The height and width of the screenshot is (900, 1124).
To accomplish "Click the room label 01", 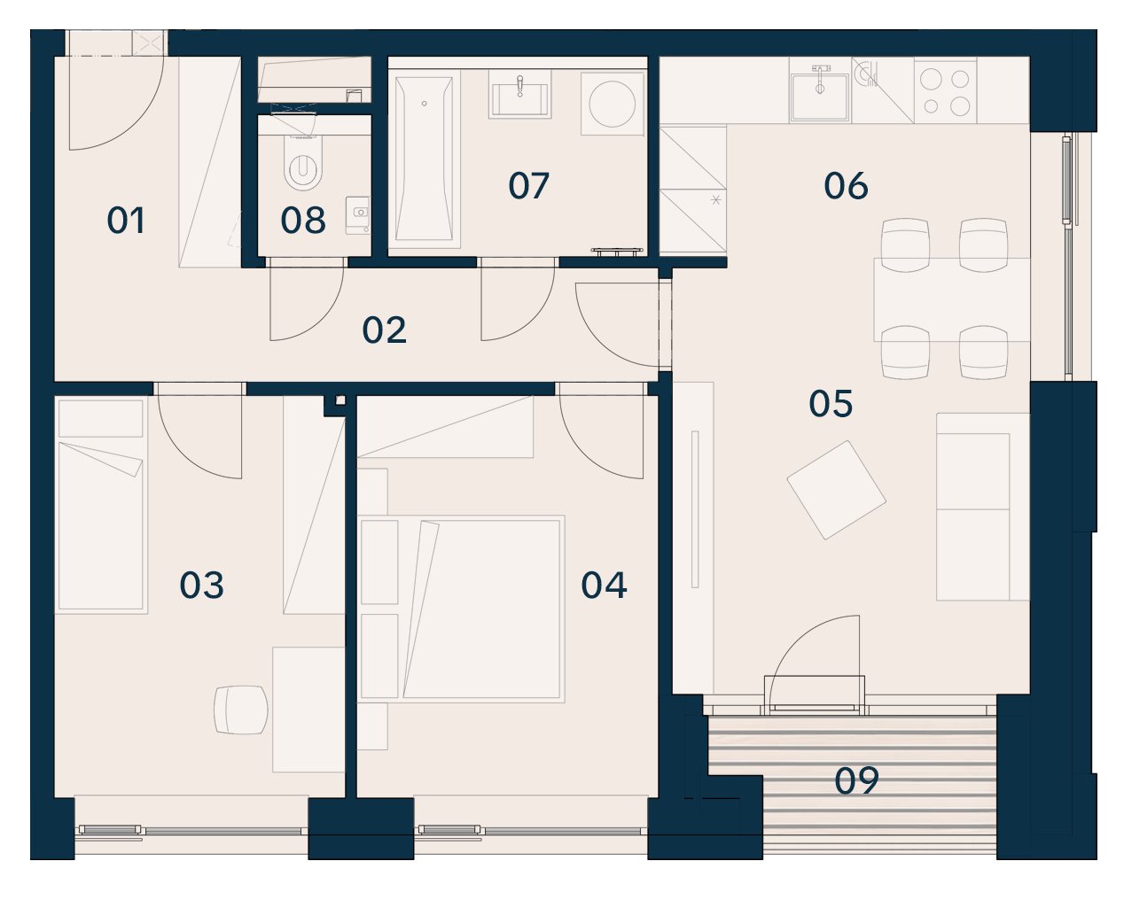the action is [x=125, y=221].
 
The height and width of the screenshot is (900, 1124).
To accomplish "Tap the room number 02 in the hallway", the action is [x=384, y=330].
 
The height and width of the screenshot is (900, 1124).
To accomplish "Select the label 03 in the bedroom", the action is [x=201, y=585].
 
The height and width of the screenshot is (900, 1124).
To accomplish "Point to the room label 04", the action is [x=604, y=585].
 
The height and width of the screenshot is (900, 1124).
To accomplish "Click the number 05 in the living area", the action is [x=831, y=404].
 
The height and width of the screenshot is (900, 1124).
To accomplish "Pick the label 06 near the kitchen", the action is [x=847, y=186].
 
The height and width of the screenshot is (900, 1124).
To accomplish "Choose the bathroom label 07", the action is [x=528, y=186].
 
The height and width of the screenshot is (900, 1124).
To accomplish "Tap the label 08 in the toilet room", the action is [x=303, y=221].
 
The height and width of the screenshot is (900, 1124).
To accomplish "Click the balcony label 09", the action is [x=856, y=780].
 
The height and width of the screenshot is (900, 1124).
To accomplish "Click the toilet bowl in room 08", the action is [x=303, y=163].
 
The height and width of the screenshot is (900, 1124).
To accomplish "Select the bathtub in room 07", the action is [x=424, y=159].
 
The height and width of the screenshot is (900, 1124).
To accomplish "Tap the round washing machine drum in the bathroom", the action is [x=613, y=104].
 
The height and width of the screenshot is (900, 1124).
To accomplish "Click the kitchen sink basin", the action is [x=819, y=97].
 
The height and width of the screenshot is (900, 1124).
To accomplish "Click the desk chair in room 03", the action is [x=241, y=710].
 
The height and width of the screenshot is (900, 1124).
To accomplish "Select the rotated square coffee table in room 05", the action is [x=836, y=490].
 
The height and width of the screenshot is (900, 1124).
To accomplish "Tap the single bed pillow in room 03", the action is [x=101, y=418].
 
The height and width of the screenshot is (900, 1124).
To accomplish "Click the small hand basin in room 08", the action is [x=358, y=214].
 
